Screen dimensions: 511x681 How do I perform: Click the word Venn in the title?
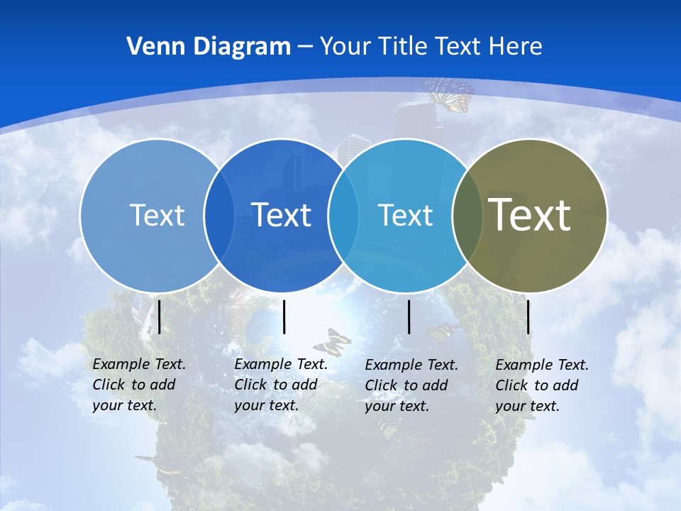pyautogui.click(x=148, y=46)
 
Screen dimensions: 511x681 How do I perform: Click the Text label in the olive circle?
pyautogui.click(x=530, y=214)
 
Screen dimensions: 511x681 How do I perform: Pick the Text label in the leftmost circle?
pyautogui.click(x=157, y=214)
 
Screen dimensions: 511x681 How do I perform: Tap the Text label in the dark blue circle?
pyautogui.click(x=281, y=214)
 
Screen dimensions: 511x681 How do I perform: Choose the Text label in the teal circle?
pyautogui.click(x=405, y=214)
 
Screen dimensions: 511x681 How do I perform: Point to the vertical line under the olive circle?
pyautogui.click(x=528, y=317)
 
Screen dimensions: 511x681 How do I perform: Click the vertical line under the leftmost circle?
pyautogui.click(x=160, y=317)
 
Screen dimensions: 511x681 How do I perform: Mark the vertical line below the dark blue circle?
pyautogui.click(x=284, y=317)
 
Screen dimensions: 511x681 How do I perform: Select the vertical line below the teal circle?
pyautogui.click(x=409, y=317)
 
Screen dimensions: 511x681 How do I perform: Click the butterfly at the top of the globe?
pyautogui.click(x=449, y=94)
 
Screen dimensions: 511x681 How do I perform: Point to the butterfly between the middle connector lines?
pyautogui.click(x=332, y=342)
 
